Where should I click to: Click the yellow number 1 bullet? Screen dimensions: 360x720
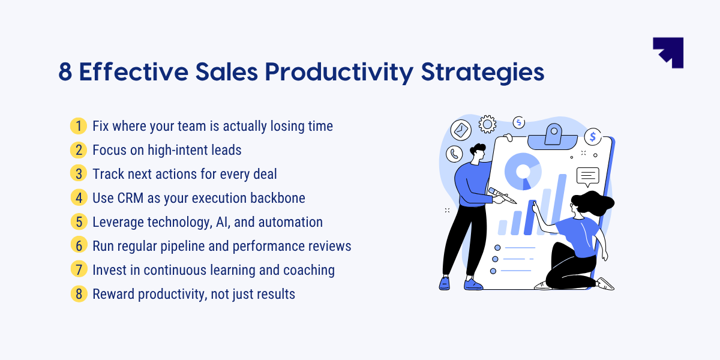point(79,126)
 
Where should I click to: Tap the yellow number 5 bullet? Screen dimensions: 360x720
point(79,222)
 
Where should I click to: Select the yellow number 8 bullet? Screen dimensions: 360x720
point(79,294)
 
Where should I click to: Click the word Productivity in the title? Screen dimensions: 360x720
point(339,73)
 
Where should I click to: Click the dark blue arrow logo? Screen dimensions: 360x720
point(668,52)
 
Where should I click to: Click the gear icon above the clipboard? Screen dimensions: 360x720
point(487,124)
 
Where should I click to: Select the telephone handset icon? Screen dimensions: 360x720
point(454,154)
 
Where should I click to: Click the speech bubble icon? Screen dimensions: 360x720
point(587,176)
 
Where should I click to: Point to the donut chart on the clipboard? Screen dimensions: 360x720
point(523,170)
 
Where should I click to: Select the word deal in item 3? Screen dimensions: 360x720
point(264,174)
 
